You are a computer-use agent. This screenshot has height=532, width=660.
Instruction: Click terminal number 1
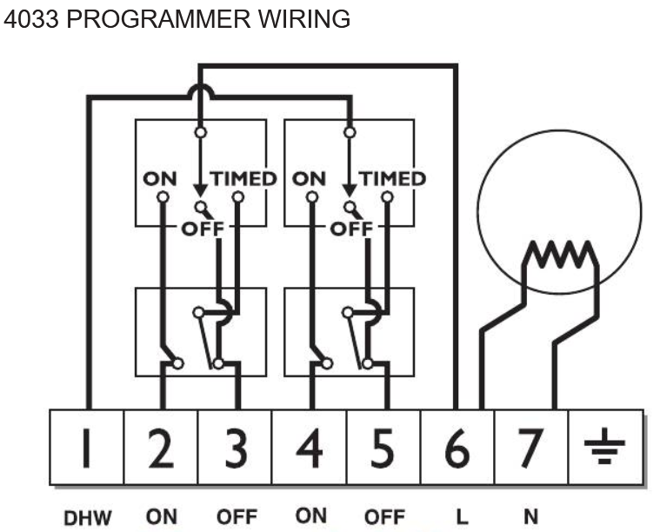[87, 448]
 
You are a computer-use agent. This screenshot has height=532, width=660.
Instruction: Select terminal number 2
[161, 448]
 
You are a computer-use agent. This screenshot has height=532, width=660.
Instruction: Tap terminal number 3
[236, 448]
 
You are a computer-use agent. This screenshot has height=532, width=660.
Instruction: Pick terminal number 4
[310, 448]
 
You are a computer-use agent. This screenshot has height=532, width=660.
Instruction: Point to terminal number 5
[383, 448]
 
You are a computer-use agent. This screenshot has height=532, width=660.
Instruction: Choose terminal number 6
[457, 448]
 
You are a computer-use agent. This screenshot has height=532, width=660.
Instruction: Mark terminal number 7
[531, 448]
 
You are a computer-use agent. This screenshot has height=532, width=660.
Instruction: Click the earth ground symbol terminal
[606, 448]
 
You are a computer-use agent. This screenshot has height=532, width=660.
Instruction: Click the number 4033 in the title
[31, 19]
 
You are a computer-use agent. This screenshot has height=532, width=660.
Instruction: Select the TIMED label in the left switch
[243, 179]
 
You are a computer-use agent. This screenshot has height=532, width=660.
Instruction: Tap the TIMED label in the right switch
[392, 179]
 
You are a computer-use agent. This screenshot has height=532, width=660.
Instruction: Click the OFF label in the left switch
[203, 229]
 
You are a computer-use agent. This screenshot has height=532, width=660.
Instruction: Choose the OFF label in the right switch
[351, 229]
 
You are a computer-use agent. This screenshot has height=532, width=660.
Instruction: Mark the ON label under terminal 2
[161, 517]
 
